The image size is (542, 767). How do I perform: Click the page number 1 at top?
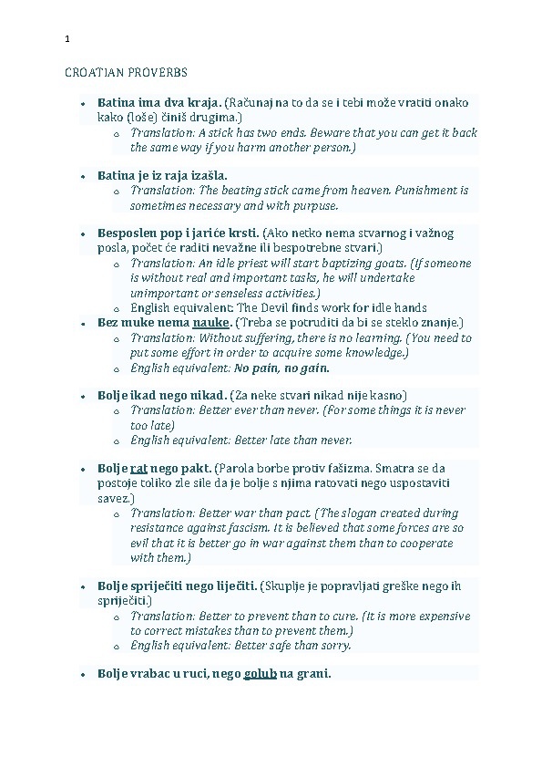point(67,39)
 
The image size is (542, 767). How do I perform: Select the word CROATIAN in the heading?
point(94,72)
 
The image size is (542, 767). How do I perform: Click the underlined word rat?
point(139,468)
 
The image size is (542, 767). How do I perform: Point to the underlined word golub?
point(260,674)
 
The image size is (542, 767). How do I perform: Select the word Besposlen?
point(129,233)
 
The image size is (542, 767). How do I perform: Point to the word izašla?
point(208,174)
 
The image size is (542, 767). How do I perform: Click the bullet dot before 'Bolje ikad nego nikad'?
point(82,396)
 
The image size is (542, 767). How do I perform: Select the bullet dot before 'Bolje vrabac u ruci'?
point(82,675)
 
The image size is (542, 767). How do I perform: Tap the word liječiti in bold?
point(231,586)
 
